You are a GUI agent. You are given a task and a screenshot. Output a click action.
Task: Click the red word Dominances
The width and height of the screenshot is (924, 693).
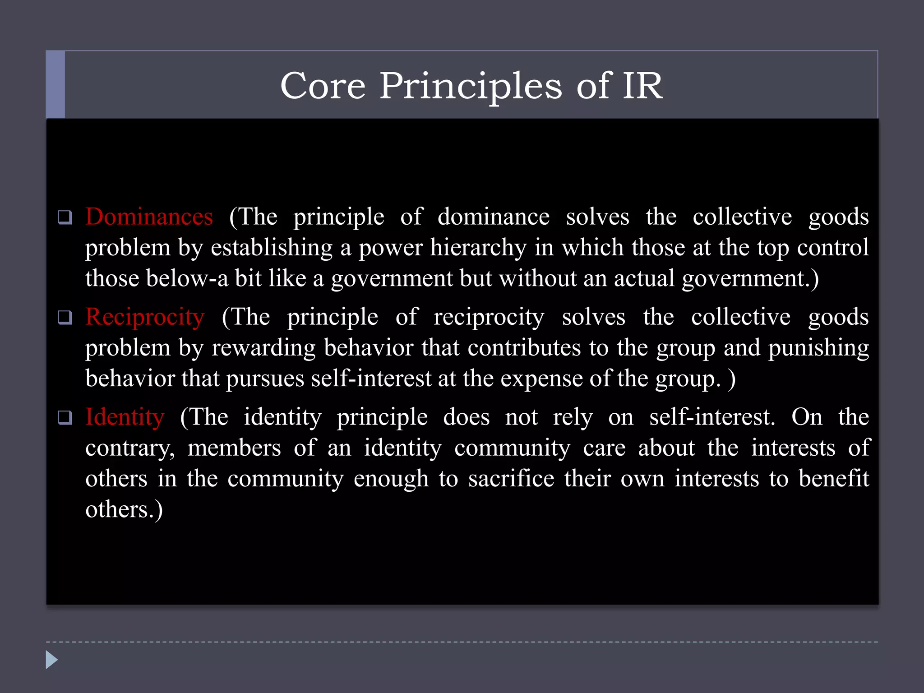(x=149, y=217)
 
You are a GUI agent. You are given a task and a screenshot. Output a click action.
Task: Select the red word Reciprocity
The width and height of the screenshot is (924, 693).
(x=145, y=317)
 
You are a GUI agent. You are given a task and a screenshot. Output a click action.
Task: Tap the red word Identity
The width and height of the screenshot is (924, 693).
(x=125, y=417)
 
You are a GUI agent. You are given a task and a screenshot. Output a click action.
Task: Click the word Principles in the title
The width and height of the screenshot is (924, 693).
(x=471, y=87)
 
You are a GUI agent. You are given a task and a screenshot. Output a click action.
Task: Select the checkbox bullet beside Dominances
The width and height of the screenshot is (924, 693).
(x=65, y=217)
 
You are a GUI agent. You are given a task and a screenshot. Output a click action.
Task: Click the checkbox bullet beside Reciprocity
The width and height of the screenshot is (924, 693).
(x=65, y=318)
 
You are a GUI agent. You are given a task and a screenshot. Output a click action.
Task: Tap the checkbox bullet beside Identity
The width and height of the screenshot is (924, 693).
(x=65, y=418)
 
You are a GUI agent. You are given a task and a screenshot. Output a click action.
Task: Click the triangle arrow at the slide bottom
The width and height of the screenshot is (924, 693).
(x=51, y=660)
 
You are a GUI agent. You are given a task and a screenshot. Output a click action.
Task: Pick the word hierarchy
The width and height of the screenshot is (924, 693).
(x=478, y=248)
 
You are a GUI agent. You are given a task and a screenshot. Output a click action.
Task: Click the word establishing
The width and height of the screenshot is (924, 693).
(x=272, y=248)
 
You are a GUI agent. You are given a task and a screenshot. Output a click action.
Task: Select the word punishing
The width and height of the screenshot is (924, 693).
(x=818, y=348)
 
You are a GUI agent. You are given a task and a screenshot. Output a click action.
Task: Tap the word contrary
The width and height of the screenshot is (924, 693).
(x=130, y=448)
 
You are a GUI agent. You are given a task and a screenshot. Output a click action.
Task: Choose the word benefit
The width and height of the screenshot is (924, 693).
(x=834, y=479)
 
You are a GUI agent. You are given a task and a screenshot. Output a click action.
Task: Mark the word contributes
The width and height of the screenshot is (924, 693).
(x=524, y=348)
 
